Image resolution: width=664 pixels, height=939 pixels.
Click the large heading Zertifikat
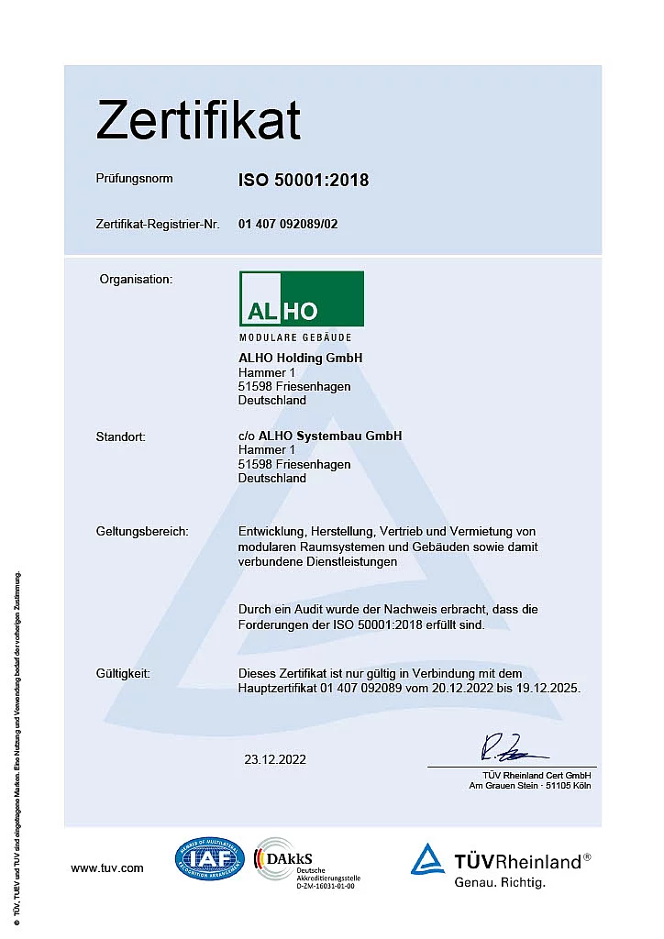click(x=198, y=121)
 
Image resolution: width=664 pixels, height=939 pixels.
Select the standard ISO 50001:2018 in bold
click(x=304, y=181)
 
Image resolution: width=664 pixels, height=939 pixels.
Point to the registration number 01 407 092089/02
click(x=288, y=224)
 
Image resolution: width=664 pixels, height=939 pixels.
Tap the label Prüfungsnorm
click(x=134, y=179)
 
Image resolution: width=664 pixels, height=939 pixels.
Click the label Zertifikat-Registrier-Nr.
click(x=157, y=224)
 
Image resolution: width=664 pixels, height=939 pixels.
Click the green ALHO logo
click(x=301, y=299)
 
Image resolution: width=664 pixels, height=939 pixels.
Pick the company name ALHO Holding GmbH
click(x=300, y=358)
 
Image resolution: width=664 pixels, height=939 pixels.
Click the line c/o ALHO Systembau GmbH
click(x=319, y=436)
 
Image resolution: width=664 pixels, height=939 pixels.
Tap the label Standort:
click(x=121, y=436)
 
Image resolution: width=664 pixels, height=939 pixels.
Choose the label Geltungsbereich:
click(x=141, y=532)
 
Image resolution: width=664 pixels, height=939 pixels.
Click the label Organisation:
click(x=136, y=278)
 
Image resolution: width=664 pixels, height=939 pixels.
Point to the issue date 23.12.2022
click(x=275, y=759)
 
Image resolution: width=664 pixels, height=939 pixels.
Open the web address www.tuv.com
click(x=107, y=867)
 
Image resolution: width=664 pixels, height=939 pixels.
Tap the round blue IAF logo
click(x=210, y=860)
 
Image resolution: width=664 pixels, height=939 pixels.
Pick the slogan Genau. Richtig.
click(x=500, y=883)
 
